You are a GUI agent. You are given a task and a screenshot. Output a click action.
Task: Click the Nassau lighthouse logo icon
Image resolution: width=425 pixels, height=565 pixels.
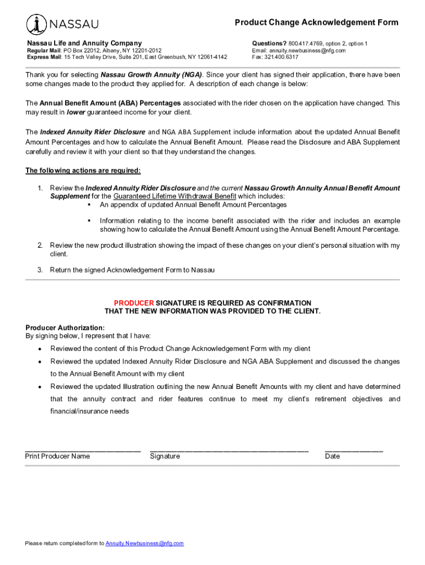37,24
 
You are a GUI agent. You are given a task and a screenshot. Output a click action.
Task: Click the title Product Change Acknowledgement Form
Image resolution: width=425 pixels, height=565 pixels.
316,23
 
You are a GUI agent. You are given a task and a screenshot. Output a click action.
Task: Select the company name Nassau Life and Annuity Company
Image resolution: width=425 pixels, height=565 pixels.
84,43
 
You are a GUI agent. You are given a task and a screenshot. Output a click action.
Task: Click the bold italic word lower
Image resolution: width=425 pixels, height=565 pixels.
76,112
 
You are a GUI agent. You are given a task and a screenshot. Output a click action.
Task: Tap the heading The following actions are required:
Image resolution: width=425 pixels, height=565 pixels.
83,170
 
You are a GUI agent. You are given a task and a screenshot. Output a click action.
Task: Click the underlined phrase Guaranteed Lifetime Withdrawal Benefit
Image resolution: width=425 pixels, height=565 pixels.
175,196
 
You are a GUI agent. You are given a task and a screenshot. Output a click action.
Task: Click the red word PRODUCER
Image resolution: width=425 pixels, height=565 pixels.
134,303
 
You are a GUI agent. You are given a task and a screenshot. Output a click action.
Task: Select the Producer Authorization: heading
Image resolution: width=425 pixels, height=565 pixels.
65,328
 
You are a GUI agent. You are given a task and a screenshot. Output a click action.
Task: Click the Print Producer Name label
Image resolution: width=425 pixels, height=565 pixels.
57,456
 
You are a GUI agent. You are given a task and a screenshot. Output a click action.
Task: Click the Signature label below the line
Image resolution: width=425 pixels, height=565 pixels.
165,456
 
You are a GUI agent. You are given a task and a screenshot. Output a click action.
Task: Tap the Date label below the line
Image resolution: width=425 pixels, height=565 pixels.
332,456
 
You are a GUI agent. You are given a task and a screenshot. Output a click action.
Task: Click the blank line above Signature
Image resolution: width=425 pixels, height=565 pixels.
229,450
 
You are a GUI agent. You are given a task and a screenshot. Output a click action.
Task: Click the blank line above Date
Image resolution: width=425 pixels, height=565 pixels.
354,450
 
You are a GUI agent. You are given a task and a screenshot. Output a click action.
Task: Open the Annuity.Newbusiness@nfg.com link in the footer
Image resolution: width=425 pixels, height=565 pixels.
145,543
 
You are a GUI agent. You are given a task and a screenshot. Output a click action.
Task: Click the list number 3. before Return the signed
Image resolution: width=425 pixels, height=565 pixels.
40,270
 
